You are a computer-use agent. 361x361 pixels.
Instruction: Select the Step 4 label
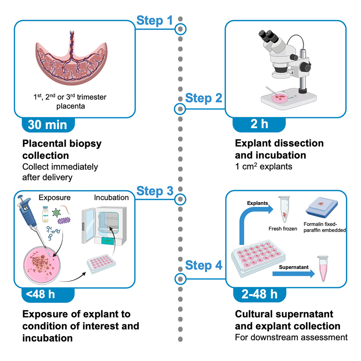tap(203, 265)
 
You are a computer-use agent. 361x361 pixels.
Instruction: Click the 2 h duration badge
tap(259, 124)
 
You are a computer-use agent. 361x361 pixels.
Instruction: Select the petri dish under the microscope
tap(280, 97)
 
